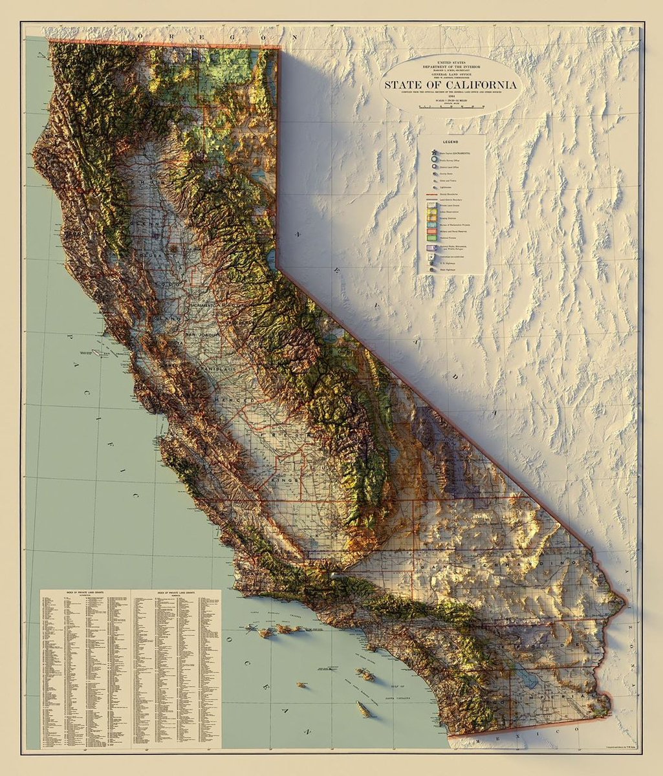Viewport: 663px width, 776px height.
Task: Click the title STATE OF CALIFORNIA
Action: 451,85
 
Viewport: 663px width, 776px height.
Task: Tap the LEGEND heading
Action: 451,141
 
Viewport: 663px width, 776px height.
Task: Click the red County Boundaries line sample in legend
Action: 431,194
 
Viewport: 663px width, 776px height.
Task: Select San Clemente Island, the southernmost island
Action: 364,709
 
